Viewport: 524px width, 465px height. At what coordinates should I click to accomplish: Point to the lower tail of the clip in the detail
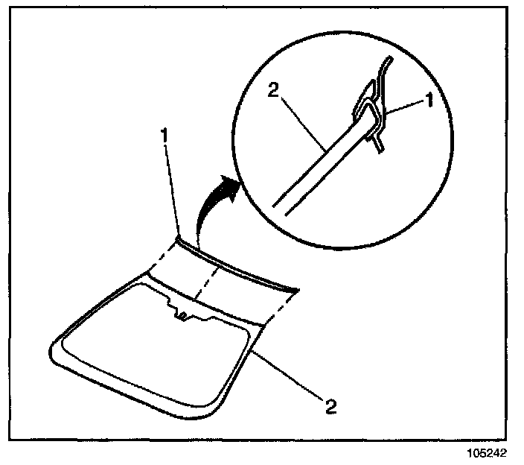380,145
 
